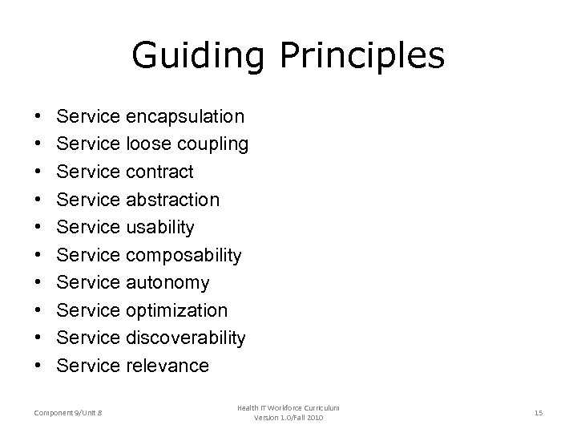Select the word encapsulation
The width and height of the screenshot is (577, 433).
[x=184, y=117]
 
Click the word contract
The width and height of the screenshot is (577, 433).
[x=159, y=172]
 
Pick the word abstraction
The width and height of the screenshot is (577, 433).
[x=172, y=200]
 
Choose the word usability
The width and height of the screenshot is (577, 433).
[x=159, y=228]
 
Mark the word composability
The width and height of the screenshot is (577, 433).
[x=183, y=255]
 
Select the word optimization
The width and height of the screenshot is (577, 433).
[x=176, y=310]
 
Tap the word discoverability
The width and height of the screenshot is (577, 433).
[x=185, y=338]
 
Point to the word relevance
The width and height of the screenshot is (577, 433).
[x=167, y=366]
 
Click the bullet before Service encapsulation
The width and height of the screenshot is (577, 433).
[x=39, y=118]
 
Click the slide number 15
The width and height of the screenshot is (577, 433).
[x=539, y=413]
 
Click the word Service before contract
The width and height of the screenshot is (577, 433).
[x=88, y=172]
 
